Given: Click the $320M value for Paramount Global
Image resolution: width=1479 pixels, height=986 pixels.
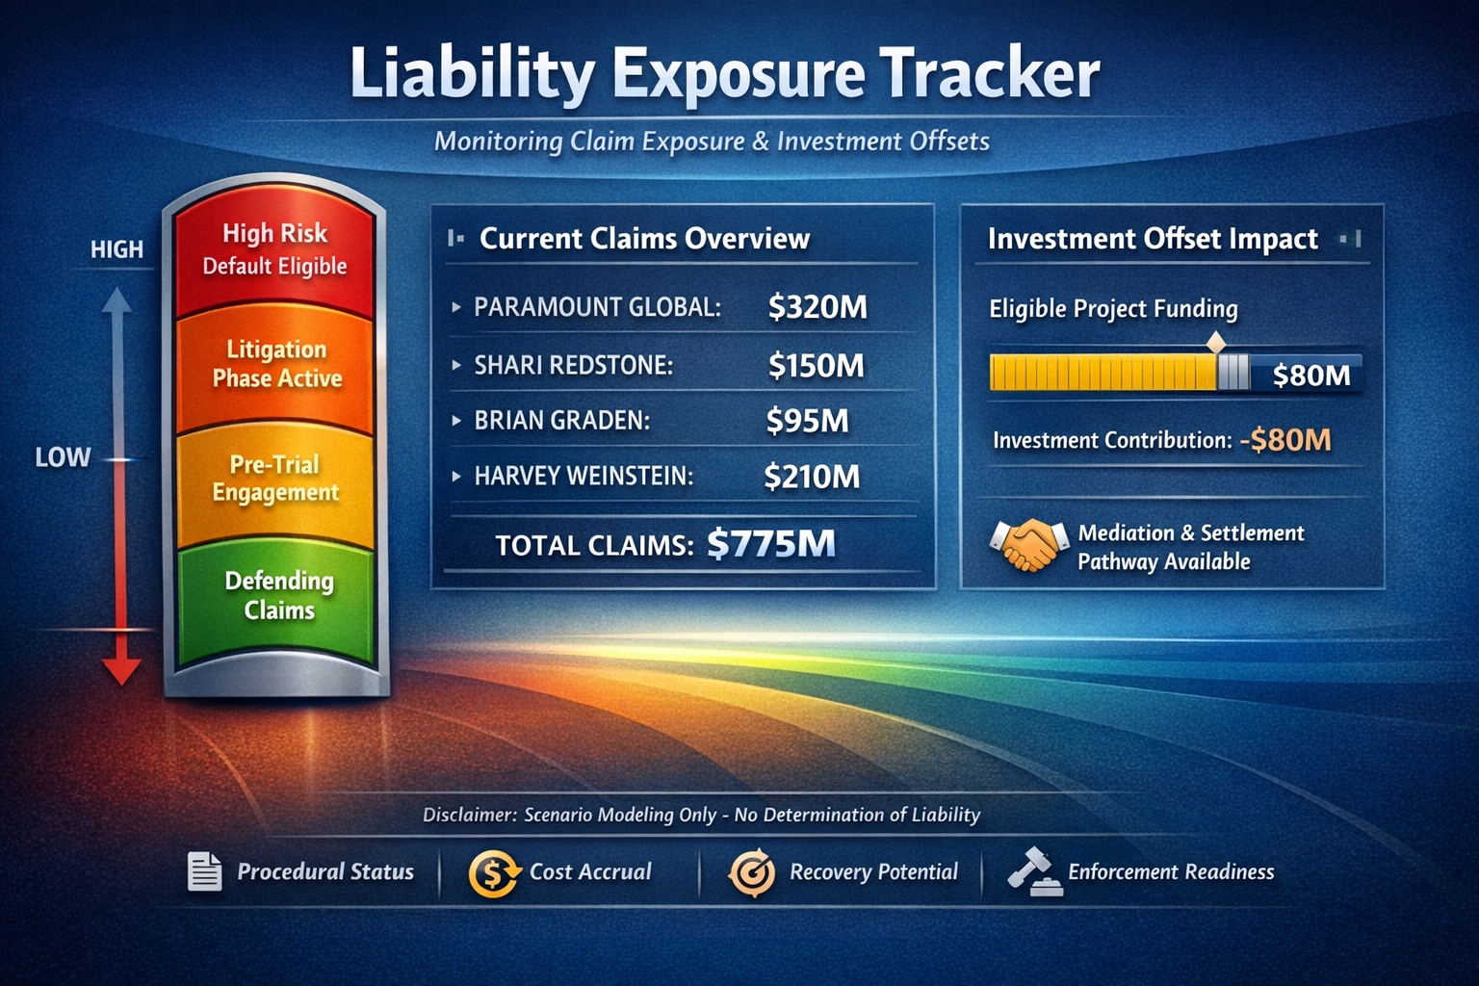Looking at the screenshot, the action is pos(817,307).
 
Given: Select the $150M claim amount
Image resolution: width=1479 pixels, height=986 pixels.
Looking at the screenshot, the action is pos(817,365).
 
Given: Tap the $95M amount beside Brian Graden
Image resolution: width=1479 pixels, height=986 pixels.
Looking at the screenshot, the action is pos(808,421).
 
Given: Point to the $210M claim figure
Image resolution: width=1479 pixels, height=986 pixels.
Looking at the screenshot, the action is pos(812,477).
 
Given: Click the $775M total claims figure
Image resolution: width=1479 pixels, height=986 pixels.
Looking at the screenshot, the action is pos(771,543).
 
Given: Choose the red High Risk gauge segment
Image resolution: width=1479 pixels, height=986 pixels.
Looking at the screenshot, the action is pos(274,251).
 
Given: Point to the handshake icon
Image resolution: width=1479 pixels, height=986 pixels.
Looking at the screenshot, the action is pos(1029,544).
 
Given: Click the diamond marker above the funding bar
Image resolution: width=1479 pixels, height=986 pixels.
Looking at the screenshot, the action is pos(1215,343).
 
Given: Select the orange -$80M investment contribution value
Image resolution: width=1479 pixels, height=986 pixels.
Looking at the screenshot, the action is pos(1285,440).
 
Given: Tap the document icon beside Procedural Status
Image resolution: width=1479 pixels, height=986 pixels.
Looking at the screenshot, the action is pos(205,871).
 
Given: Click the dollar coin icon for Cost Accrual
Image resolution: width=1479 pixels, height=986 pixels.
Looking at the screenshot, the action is pos(493,873).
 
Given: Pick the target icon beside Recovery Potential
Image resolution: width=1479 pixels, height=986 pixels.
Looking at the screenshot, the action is pos(752,872).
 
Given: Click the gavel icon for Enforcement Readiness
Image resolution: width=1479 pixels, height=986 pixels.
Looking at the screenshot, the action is pos(1035,871).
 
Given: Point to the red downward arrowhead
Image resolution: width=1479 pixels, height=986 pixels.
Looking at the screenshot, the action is pos(120,671).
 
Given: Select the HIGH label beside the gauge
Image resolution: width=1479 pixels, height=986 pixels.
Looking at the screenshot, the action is pos(117,249).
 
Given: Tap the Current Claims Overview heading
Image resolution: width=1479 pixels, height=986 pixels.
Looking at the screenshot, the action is pos(644,239).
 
